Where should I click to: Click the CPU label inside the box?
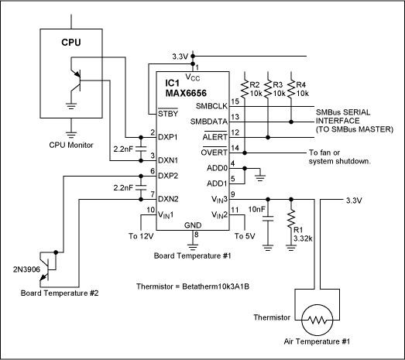70,42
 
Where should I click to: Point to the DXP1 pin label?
168,136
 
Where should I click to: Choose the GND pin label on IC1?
194,225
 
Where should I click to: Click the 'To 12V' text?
142,236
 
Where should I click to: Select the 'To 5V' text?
245,236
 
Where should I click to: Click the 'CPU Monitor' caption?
70,145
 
